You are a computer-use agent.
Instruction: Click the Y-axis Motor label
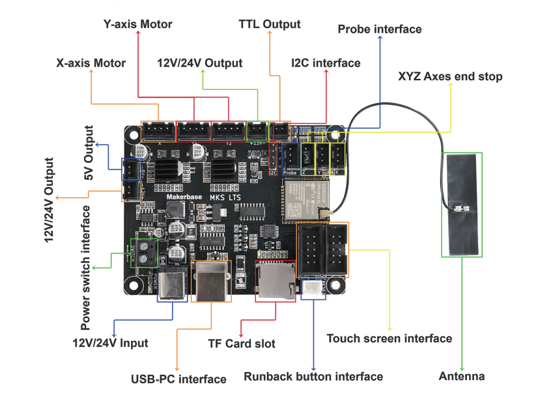(x=137, y=24)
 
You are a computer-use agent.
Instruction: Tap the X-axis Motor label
(x=91, y=63)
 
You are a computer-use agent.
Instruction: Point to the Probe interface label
(x=380, y=29)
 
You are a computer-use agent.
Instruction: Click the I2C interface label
(x=325, y=63)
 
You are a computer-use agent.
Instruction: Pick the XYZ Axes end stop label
(x=450, y=76)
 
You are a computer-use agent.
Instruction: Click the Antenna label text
(x=462, y=376)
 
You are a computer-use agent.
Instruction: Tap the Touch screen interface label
(x=389, y=338)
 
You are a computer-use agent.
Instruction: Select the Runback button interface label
(x=313, y=376)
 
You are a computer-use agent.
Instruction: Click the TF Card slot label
(x=242, y=343)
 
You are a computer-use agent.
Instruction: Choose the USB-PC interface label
(x=178, y=379)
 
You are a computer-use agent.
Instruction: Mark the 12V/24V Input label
(x=110, y=343)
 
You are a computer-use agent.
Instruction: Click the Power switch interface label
(x=85, y=268)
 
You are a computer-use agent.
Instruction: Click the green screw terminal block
(x=144, y=253)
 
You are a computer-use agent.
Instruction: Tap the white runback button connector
(x=313, y=287)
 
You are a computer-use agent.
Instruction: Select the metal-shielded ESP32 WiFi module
(x=303, y=199)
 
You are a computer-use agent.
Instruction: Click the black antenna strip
(x=462, y=204)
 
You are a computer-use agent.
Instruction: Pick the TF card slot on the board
(x=275, y=280)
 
